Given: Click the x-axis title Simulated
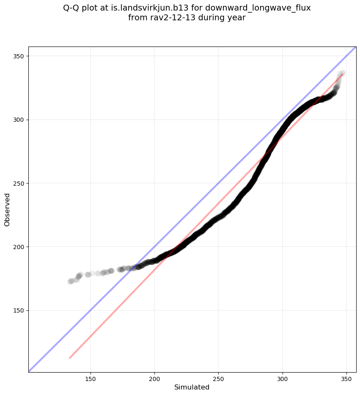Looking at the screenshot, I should tap(192, 387).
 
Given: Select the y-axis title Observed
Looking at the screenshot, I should tap(7, 209).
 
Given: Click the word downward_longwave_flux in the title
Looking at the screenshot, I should tap(258, 8).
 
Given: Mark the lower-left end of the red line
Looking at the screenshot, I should tap(70, 358).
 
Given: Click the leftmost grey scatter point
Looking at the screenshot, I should tap(70, 282).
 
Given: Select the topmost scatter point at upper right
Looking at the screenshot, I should tap(342, 73).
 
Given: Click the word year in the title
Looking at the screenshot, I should tap(237, 18).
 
